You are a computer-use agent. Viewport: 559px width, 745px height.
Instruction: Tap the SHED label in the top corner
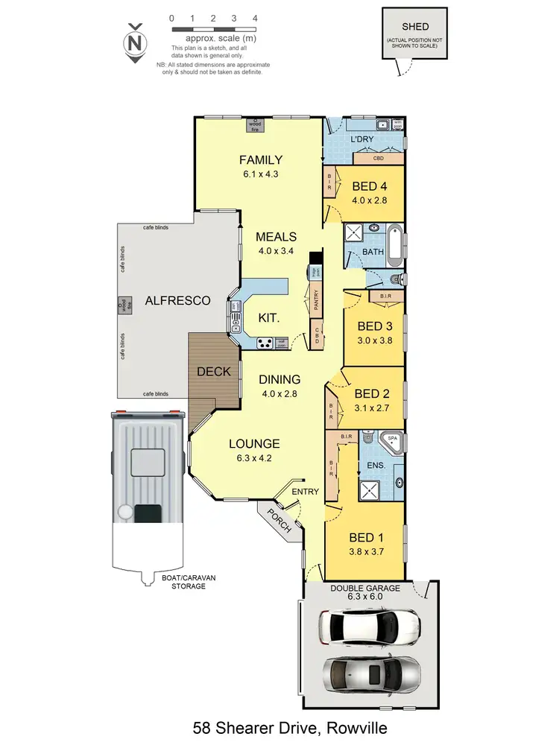coord(415,27)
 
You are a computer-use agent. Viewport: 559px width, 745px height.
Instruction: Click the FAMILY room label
coord(260,159)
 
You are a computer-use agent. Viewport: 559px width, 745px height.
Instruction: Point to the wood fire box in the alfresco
coord(121,305)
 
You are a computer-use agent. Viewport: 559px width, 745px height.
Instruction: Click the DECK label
coord(213,371)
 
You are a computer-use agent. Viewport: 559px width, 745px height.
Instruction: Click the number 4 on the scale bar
coord(255,16)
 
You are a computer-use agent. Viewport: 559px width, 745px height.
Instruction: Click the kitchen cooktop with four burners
coord(265,343)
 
